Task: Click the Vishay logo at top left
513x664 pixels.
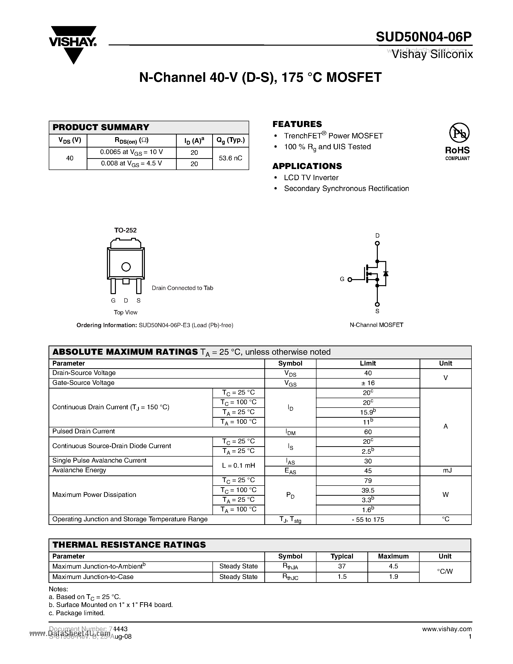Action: (73, 44)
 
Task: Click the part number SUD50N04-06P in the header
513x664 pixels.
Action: (424, 37)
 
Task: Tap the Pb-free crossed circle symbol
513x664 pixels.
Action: (459, 133)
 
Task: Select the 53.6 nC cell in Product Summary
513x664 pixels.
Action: (230, 158)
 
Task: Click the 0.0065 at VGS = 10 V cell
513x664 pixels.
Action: (131, 152)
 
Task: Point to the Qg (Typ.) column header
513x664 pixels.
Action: (230, 141)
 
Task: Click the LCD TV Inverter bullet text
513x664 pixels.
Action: (311, 177)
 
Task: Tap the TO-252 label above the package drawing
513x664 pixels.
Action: (125, 230)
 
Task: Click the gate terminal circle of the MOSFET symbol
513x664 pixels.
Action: (350, 280)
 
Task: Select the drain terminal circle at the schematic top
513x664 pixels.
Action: (377, 243)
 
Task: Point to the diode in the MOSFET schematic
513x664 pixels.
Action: (386, 273)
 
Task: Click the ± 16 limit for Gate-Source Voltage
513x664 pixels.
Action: (368, 383)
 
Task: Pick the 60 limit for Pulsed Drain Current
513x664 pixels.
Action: (368, 432)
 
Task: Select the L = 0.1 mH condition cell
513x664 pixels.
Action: (238, 466)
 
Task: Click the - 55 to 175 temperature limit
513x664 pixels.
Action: (368, 520)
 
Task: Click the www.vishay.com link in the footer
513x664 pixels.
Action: (447, 629)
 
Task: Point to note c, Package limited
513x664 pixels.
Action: (77, 613)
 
